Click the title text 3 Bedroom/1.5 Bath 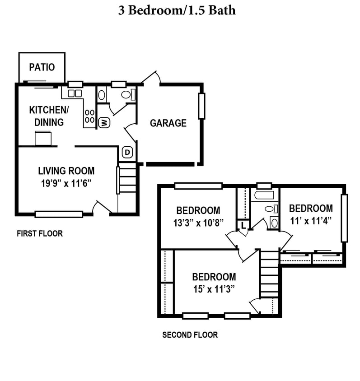[x=177, y=10]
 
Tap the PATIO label [x=42, y=67]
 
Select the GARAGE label [x=168, y=123]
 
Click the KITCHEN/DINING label [x=49, y=116]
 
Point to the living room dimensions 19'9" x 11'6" [x=66, y=183]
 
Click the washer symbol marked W [x=103, y=122]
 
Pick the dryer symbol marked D [x=127, y=153]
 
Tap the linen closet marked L [x=243, y=225]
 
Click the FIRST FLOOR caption [x=40, y=233]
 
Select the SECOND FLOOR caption [x=190, y=335]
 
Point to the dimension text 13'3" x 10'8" [x=198, y=223]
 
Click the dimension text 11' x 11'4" [x=311, y=221]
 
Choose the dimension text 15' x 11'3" [x=214, y=289]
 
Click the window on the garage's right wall [x=201, y=106]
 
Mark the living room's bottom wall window [x=59, y=214]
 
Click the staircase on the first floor [x=127, y=181]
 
